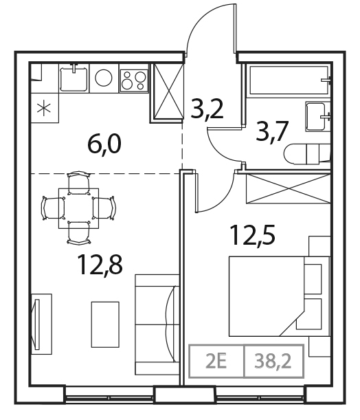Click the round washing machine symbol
tap(103, 78)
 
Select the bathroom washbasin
tap(317, 117)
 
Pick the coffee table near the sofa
tap(104, 319)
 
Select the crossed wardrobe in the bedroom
tap(285, 187)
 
